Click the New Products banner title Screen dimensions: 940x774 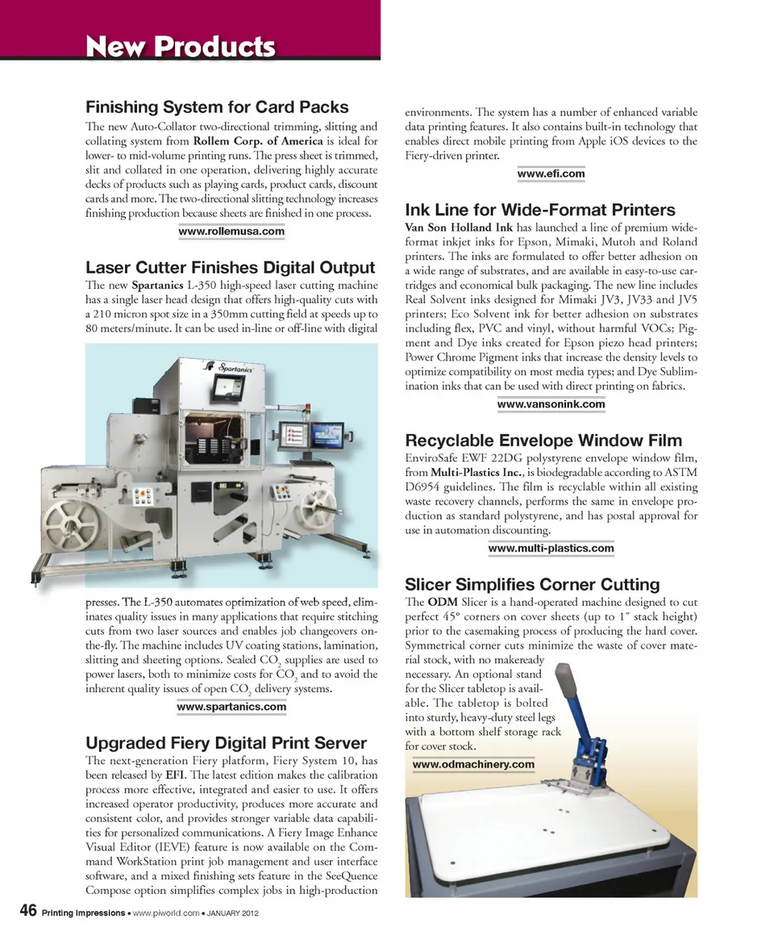click(181, 47)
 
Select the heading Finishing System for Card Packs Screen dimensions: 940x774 click(217, 107)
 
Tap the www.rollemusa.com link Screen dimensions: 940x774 click(231, 232)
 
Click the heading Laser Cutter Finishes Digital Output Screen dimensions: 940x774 click(230, 268)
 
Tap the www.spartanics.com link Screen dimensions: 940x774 click(231, 707)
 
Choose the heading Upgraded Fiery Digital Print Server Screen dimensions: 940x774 click(226, 743)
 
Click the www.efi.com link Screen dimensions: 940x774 click(551, 173)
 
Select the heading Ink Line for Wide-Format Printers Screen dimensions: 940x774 click(540, 211)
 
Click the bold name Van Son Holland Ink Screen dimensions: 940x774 click(459, 228)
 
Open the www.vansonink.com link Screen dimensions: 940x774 click(551, 404)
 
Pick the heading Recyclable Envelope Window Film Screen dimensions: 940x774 click(543, 441)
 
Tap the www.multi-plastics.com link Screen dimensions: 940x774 click(551, 549)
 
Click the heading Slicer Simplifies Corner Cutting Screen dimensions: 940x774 click(532, 584)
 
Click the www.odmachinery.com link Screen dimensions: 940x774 click(473, 764)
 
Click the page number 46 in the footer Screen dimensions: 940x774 click(27, 911)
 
